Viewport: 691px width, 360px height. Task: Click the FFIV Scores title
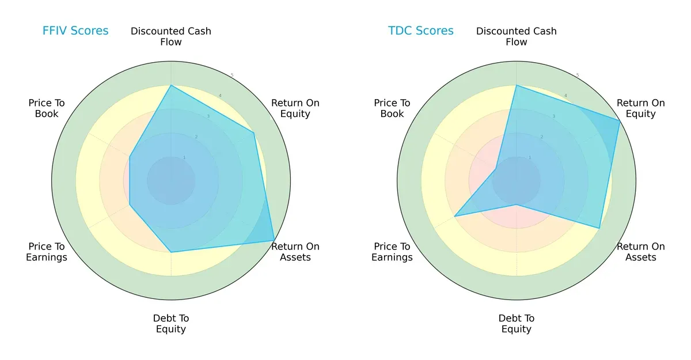point(75,31)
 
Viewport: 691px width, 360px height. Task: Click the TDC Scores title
point(421,31)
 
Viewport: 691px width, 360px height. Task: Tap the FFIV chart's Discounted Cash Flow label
point(171,36)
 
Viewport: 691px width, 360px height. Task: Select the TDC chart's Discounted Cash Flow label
point(517,36)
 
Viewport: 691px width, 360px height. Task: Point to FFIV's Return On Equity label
point(295,108)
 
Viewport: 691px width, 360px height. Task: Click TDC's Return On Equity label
point(641,108)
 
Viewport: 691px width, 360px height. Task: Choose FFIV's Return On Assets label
point(295,252)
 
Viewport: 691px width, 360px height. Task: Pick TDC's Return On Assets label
point(641,252)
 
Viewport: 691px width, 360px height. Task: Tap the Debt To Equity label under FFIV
point(171,324)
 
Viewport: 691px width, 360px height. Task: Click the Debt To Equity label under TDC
point(517,324)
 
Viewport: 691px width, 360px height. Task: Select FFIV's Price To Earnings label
point(47,252)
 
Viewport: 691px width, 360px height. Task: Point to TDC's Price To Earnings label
point(392,252)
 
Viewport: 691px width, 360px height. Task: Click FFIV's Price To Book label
point(47,108)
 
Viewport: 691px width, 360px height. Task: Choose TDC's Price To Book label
point(392,108)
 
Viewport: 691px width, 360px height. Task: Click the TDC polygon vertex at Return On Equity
point(620,120)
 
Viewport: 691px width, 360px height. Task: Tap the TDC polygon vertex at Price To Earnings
point(455,217)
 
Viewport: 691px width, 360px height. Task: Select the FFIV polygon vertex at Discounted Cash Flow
point(171,85)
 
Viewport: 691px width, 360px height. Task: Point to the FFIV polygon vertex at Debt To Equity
point(171,252)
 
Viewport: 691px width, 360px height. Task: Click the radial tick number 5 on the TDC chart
point(578,75)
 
